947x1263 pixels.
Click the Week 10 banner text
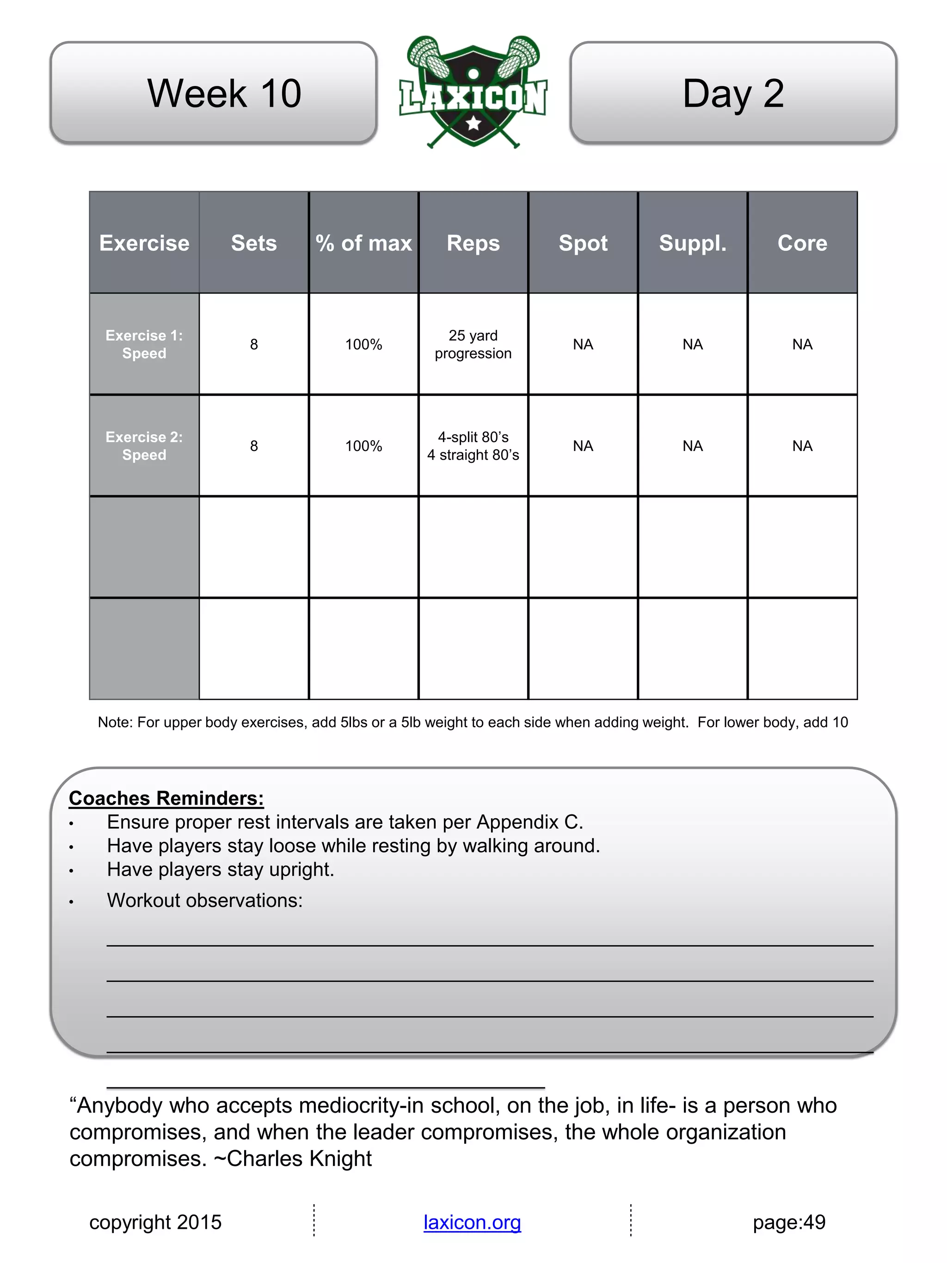click(224, 93)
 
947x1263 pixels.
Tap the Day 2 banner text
click(733, 93)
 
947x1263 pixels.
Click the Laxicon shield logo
click(473, 93)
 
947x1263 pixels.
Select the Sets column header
click(253, 243)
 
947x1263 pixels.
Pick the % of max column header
click(363, 243)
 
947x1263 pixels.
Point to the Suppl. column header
click(692, 243)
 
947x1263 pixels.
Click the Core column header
click(802, 243)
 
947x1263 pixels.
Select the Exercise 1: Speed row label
click(144, 344)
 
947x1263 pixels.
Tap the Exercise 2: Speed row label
click(144, 446)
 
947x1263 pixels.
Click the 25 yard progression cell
click(473, 344)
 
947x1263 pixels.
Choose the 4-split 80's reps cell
click(473, 446)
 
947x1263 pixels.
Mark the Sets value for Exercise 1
click(254, 344)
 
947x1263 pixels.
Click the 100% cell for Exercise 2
click(363, 446)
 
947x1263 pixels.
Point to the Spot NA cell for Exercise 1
click(583, 344)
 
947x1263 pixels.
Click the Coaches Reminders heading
click(166, 798)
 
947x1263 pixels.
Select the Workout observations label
click(204, 900)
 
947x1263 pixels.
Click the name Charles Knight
click(299, 1158)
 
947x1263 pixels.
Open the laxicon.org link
click(472, 1222)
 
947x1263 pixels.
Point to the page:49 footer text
click(789, 1222)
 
